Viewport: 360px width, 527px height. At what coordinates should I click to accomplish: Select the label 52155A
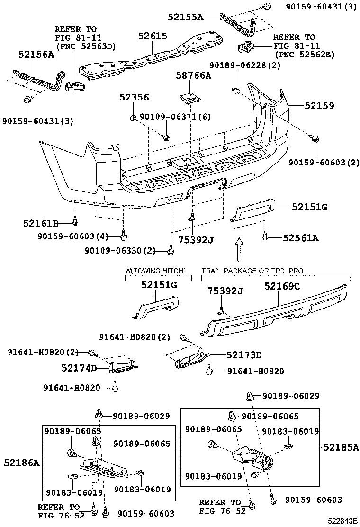[185, 18]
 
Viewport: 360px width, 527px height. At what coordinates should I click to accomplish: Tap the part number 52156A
[36, 55]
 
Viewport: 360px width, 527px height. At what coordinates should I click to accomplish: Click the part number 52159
[318, 106]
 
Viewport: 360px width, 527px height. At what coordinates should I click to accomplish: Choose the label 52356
[134, 97]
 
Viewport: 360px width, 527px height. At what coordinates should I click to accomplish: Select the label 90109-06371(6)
[175, 117]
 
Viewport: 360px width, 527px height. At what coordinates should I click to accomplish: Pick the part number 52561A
[301, 238]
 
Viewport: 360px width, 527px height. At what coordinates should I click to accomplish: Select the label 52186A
[22, 462]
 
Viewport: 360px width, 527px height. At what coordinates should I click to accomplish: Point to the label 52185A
[341, 447]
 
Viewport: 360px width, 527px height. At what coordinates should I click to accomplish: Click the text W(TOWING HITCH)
[155, 271]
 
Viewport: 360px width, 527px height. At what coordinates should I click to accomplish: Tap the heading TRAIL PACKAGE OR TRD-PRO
[252, 271]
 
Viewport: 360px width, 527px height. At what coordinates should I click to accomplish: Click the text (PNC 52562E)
[304, 55]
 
